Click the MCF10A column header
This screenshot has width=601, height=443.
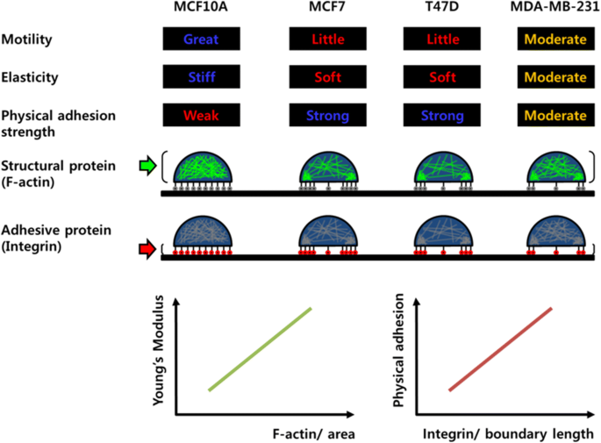[201, 11]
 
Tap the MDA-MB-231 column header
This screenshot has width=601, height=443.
[552, 11]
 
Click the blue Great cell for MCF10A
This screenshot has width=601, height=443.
[201, 39]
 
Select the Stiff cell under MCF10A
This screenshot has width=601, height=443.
[201, 77]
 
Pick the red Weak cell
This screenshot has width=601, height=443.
[201, 116]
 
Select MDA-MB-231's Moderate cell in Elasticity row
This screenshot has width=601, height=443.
[552, 77]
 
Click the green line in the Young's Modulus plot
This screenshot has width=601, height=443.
[260, 348]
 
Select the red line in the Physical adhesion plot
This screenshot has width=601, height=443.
[500, 348]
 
